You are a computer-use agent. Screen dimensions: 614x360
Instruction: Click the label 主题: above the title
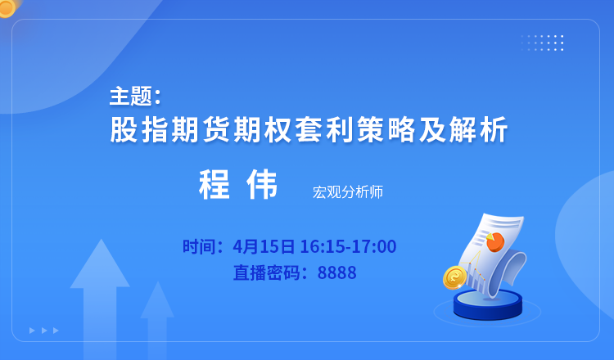click(x=135, y=97)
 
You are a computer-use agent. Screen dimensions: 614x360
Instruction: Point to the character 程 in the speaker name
click(x=214, y=184)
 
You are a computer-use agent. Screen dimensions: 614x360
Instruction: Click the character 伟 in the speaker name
click(x=262, y=184)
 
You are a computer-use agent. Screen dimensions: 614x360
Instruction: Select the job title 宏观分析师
click(x=348, y=191)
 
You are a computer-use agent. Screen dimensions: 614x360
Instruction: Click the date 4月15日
click(x=264, y=246)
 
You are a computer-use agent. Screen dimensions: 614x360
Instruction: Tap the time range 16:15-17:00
click(x=348, y=246)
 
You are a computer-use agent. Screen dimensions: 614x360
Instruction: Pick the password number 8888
click(x=336, y=272)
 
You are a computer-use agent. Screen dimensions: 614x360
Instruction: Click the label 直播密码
click(x=266, y=272)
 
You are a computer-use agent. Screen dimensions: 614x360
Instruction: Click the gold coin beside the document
click(x=454, y=277)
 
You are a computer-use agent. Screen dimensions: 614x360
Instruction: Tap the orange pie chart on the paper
click(x=495, y=241)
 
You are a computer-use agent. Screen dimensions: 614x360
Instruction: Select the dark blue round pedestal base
click(x=488, y=305)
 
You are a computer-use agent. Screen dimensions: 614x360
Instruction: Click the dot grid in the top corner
click(x=542, y=43)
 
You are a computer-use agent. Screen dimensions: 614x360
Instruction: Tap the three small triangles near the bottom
click(x=44, y=331)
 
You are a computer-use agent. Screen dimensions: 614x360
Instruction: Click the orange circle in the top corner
click(x=7, y=7)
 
